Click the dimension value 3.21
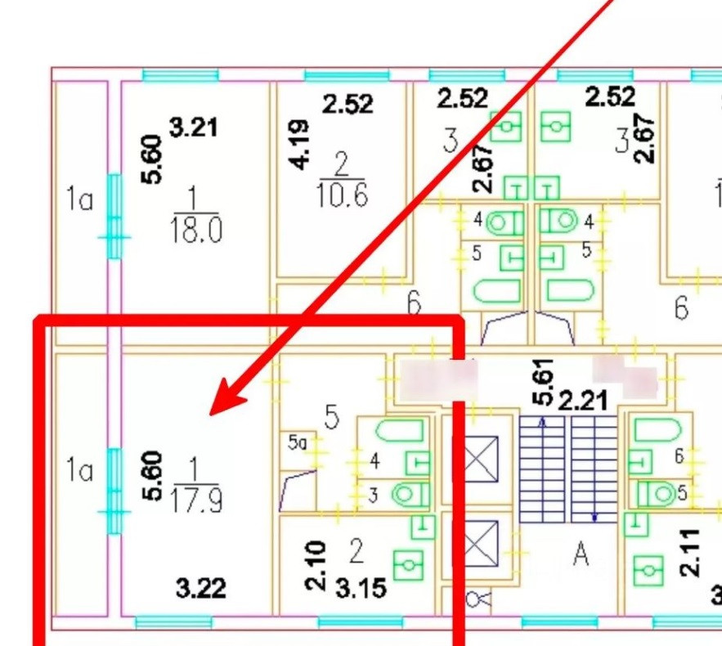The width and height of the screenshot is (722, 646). [194, 128]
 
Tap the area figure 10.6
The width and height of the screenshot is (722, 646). [340, 196]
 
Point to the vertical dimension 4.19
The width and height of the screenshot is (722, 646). [300, 145]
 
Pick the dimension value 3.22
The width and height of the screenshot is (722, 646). [201, 588]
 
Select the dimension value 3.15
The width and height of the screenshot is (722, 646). [361, 589]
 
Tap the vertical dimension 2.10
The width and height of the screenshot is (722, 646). [317, 565]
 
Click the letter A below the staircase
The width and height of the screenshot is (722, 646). [581, 555]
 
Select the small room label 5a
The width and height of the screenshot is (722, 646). [297, 442]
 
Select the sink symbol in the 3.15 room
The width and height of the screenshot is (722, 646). [407, 564]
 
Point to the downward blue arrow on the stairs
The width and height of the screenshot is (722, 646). [594, 516]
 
